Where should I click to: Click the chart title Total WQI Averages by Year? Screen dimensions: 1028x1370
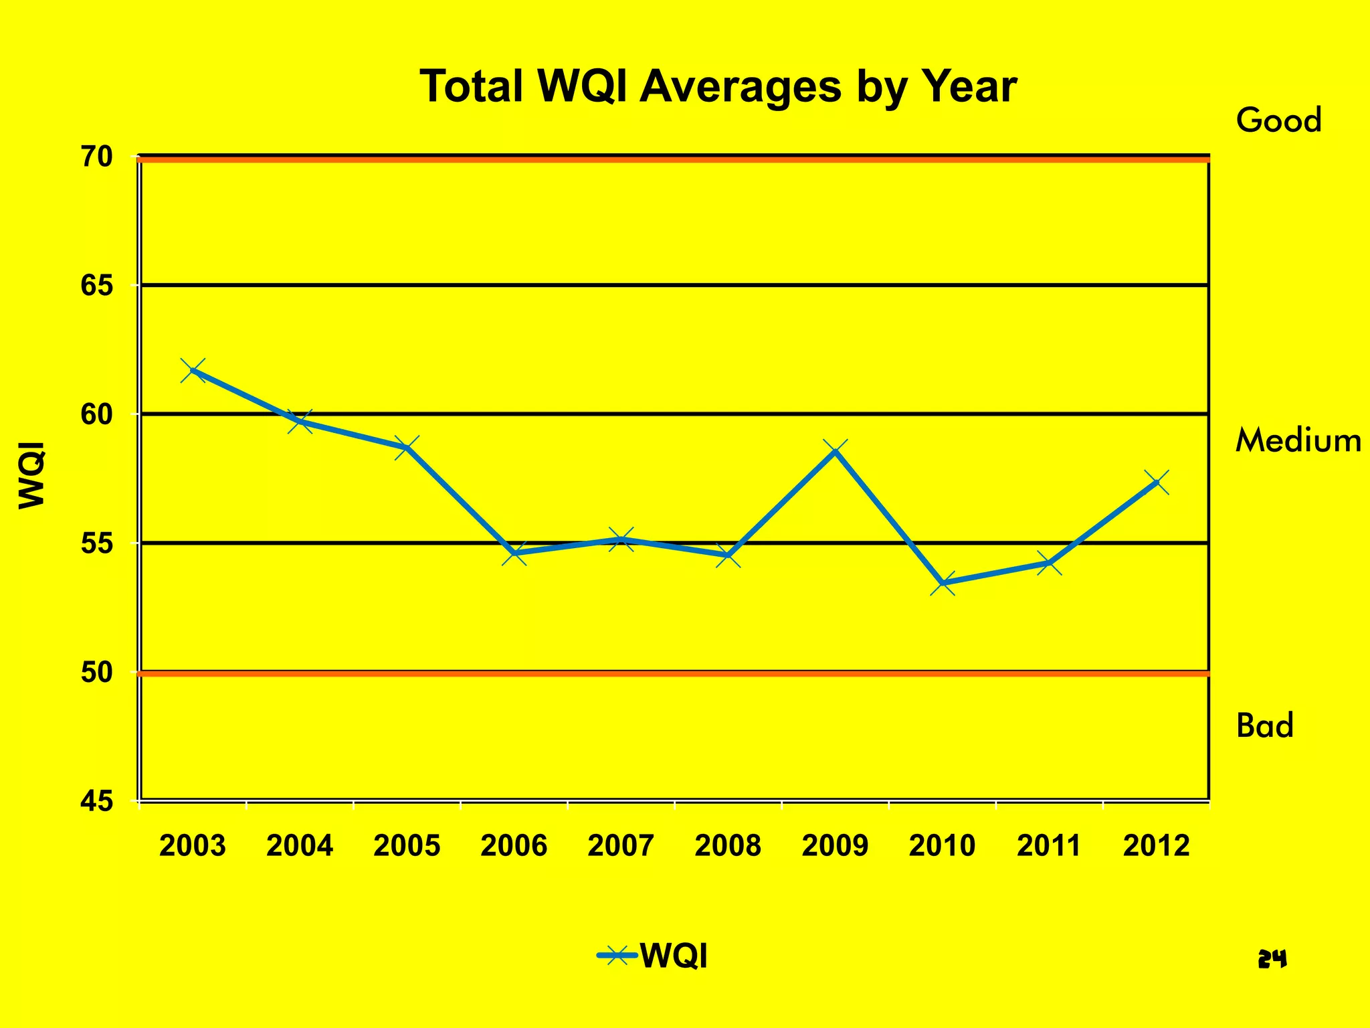pyautogui.click(x=718, y=87)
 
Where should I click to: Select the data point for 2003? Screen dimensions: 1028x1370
pyautogui.click(x=193, y=370)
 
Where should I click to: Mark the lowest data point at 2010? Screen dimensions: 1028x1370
pyautogui.click(x=942, y=584)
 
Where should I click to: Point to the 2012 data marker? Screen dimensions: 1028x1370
pyautogui.click(x=1156, y=482)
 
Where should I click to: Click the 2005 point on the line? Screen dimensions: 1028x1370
pyautogui.click(x=407, y=447)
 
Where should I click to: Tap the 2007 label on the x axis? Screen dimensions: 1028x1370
pyautogui.click(x=621, y=846)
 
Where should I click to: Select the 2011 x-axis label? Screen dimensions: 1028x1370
pyautogui.click(x=1049, y=846)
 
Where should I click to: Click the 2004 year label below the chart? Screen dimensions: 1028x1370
pyautogui.click(x=300, y=846)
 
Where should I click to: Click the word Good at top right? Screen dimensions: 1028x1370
pyautogui.click(x=1278, y=121)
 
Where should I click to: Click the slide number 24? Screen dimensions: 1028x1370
pyautogui.click(x=1272, y=960)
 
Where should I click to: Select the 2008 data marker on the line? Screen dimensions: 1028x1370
pyautogui.click(x=728, y=555)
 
